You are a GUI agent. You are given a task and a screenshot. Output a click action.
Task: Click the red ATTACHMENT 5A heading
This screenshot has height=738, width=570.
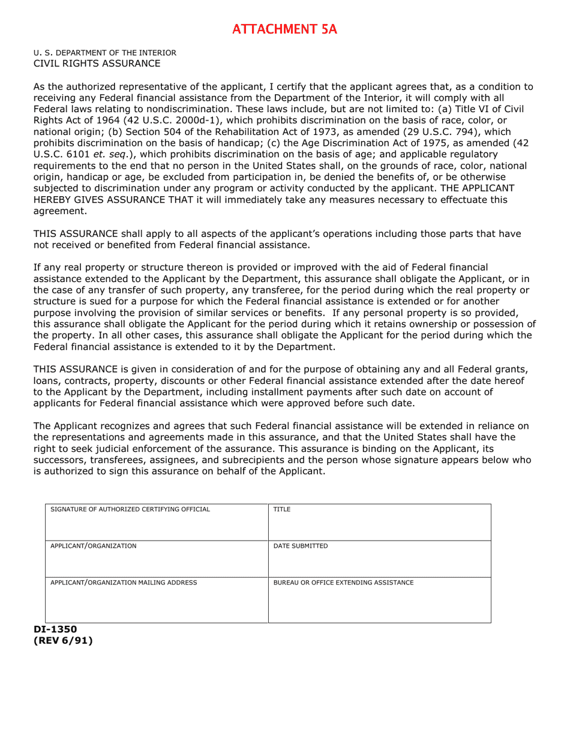(284, 29)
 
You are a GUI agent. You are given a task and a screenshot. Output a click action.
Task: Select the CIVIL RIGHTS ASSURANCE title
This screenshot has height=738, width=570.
(97, 64)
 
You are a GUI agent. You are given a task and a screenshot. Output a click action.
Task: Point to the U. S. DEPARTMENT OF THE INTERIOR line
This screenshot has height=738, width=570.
(104, 53)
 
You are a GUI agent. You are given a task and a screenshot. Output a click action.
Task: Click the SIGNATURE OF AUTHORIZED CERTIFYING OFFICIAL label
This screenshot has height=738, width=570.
(130, 509)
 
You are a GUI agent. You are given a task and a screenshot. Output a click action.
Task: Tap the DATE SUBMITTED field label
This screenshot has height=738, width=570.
(301, 546)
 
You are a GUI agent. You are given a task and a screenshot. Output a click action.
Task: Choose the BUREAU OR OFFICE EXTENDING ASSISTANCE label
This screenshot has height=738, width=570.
(343, 583)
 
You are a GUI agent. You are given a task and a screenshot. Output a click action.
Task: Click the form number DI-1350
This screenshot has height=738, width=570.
(55, 629)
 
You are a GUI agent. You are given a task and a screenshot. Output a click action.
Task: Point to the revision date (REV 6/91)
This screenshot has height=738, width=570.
(63, 641)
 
